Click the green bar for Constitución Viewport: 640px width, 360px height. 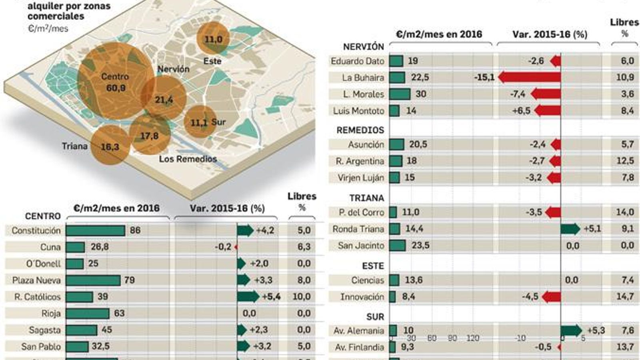coord(96,230)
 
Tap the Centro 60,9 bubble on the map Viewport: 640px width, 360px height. coord(115,82)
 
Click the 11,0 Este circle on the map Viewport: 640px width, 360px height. coord(213,39)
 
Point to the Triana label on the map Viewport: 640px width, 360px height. coord(75,146)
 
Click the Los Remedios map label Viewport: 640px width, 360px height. coord(188,159)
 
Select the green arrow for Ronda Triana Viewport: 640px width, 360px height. coord(570,229)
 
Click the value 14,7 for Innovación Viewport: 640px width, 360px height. coord(625,296)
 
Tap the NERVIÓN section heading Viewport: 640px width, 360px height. coord(363,47)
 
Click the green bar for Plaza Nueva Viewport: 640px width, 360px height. coord(93,280)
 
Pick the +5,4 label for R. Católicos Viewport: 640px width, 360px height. coord(271,296)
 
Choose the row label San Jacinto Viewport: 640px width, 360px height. coord(360,246)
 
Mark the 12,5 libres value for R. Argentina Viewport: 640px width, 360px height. coord(625,161)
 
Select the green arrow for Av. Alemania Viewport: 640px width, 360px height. coord(571,330)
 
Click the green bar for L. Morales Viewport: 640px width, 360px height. coord(400,94)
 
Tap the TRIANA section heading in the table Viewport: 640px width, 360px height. coord(366,198)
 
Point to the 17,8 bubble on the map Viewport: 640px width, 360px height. coord(149,136)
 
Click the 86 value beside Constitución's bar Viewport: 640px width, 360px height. coord(135,230)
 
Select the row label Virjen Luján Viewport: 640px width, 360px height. coord(360,178)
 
